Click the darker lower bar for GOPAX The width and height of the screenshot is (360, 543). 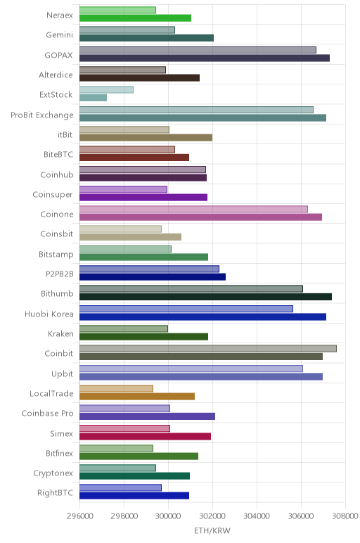point(204,58)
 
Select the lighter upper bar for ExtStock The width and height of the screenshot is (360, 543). point(106,90)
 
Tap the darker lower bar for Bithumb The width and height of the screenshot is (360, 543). point(205,297)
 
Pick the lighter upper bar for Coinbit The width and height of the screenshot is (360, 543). point(208,348)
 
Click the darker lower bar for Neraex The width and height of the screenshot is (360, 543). point(135,18)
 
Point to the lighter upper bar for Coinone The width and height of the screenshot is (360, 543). point(193,209)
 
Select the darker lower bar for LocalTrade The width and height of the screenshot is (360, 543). point(137,396)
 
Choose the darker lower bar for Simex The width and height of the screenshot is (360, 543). point(145,436)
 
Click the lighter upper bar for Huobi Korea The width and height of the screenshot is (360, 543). point(186,309)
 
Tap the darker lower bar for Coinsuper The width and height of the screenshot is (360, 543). point(143,198)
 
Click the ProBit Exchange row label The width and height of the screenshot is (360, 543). point(42,115)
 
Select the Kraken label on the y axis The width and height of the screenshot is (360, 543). point(60,333)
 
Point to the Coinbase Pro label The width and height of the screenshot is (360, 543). point(47,413)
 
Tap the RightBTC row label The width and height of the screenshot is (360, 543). point(56,492)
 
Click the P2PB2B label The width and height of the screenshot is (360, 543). point(60,274)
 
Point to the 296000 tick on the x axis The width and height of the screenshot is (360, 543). point(80,516)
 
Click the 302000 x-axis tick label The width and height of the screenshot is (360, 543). point(213,516)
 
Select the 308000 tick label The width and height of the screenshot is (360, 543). point(345,516)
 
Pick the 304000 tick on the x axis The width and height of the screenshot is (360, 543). point(257,516)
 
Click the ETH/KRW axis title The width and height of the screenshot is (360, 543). point(212,530)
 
